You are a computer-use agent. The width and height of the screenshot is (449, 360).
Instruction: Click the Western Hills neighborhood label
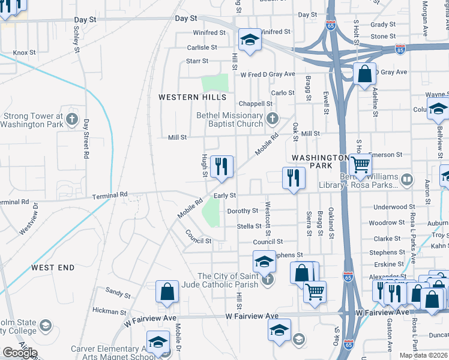(x=192, y=97)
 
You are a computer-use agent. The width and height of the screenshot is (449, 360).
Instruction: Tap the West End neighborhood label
(x=53, y=267)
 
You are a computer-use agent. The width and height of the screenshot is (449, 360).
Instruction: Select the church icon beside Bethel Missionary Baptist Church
(x=273, y=118)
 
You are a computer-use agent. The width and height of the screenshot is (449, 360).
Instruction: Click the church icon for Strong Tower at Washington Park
(x=72, y=117)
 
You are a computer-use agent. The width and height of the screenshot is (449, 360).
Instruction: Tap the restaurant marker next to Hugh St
(x=221, y=166)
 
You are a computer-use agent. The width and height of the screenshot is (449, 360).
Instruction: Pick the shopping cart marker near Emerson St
(x=360, y=164)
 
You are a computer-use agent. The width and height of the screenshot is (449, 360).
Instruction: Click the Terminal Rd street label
(x=110, y=195)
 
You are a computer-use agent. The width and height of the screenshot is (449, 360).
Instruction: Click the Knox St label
(x=25, y=53)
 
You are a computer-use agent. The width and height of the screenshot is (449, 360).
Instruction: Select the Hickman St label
(x=109, y=311)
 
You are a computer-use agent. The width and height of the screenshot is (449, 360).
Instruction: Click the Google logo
(x=20, y=353)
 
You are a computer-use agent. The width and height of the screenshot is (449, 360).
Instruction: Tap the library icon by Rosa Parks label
(x=408, y=179)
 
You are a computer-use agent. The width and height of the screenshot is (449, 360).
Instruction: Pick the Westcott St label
(x=268, y=223)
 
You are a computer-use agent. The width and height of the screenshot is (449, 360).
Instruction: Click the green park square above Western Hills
(x=215, y=83)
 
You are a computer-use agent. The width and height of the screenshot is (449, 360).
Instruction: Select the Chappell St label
(x=256, y=104)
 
